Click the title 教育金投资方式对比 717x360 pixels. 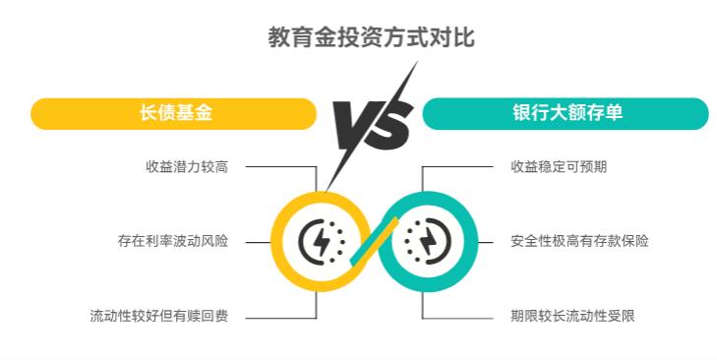point(358,38)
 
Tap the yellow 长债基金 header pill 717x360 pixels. point(174,113)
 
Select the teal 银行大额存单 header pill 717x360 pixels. point(565,113)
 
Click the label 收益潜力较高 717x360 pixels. point(186,166)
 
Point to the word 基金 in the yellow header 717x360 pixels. point(193,113)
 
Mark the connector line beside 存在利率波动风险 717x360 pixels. point(258,241)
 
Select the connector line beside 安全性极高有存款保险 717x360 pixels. point(489,241)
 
